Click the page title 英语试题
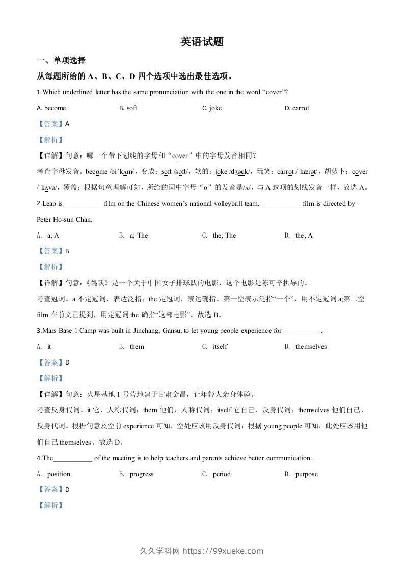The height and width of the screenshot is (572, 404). [202, 42]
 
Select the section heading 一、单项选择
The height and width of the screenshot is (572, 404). [61, 61]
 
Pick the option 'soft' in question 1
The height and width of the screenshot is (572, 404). [132, 108]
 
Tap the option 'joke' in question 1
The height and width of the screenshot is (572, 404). [215, 108]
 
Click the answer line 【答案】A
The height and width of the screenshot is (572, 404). [53, 123]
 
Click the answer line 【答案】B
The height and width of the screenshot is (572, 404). [53, 251]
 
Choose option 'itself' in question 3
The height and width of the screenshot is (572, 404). [220, 347]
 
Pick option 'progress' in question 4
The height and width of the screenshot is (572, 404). [141, 474]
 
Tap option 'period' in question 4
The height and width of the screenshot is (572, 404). [222, 474]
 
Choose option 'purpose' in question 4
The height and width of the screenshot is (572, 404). [306, 474]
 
